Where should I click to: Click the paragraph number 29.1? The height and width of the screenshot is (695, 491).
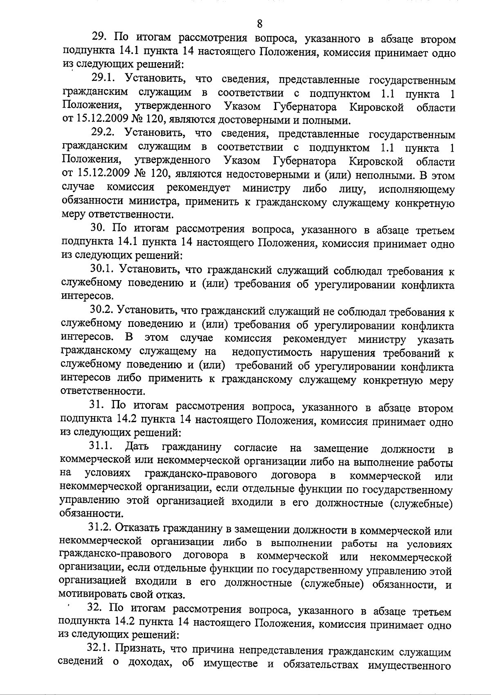click(x=103, y=80)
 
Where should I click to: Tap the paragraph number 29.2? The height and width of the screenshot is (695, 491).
click(x=103, y=134)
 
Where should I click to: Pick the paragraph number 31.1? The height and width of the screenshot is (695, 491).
click(x=101, y=448)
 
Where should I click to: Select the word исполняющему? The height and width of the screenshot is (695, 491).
click(x=417, y=190)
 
